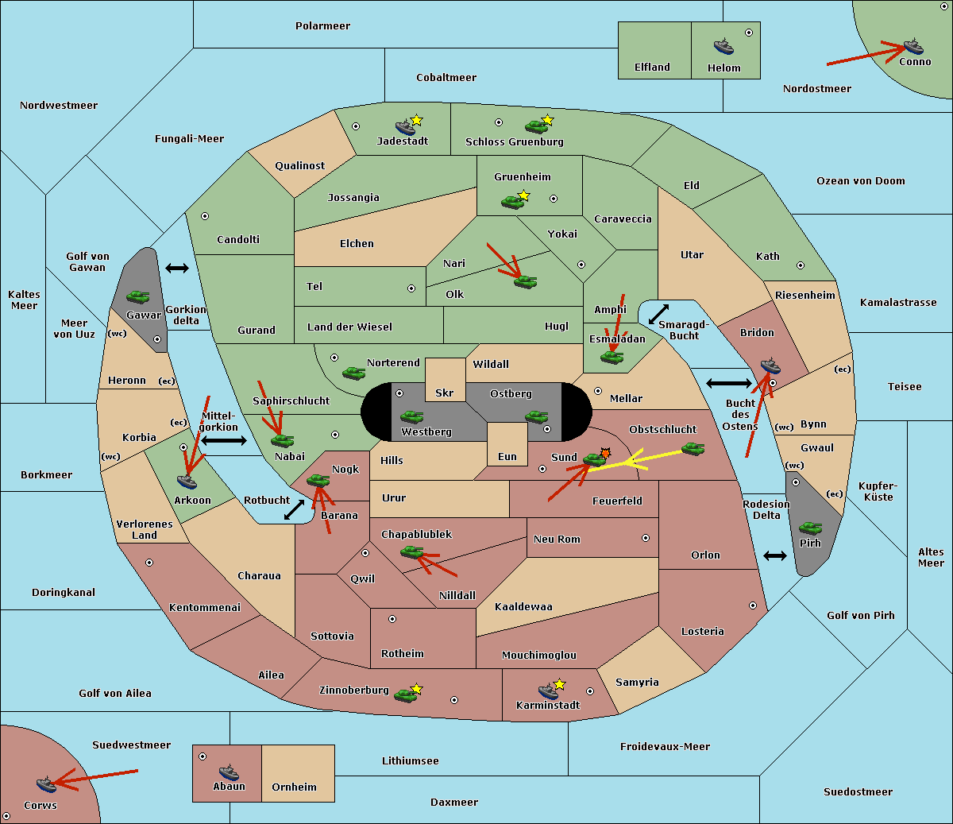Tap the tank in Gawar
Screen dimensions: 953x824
pyautogui.click(x=138, y=296)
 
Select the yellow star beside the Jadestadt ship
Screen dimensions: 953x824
pyautogui.click(x=416, y=120)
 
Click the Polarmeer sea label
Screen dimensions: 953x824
pyautogui.click(x=322, y=26)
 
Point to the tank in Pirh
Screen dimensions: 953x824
pyautogui.click(x=810, y=528)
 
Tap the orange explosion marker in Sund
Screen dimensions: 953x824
pyautogui.click(x=605, y=453)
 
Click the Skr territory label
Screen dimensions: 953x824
pyautogui.click(x=445, y=393)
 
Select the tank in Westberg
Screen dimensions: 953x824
pyautogui.click(x=411, y=416)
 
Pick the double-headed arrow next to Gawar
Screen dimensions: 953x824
pyautogui.click(x=177, y=268)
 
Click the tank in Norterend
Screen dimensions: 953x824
pyautogui.click(x=353, y=373)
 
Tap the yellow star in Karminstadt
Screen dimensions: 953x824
pyautogui.click(x=559, y=683)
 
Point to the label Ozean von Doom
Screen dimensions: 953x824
pyautogui.click(x=861, y=181)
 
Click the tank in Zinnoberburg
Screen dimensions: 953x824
pyautogui.click(x=406, y=694)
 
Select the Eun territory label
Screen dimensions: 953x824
pyautogui.click(x=507, y=456)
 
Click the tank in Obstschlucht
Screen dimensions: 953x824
pyautogui.click(x=693, y=448)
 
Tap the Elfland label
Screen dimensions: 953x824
pyautogui.click(x=652, y=68)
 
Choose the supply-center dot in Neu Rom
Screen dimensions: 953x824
pyautogui.click(x=646, y=538)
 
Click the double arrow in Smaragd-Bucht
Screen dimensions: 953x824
pyautogui.click(x=658, y=314)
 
